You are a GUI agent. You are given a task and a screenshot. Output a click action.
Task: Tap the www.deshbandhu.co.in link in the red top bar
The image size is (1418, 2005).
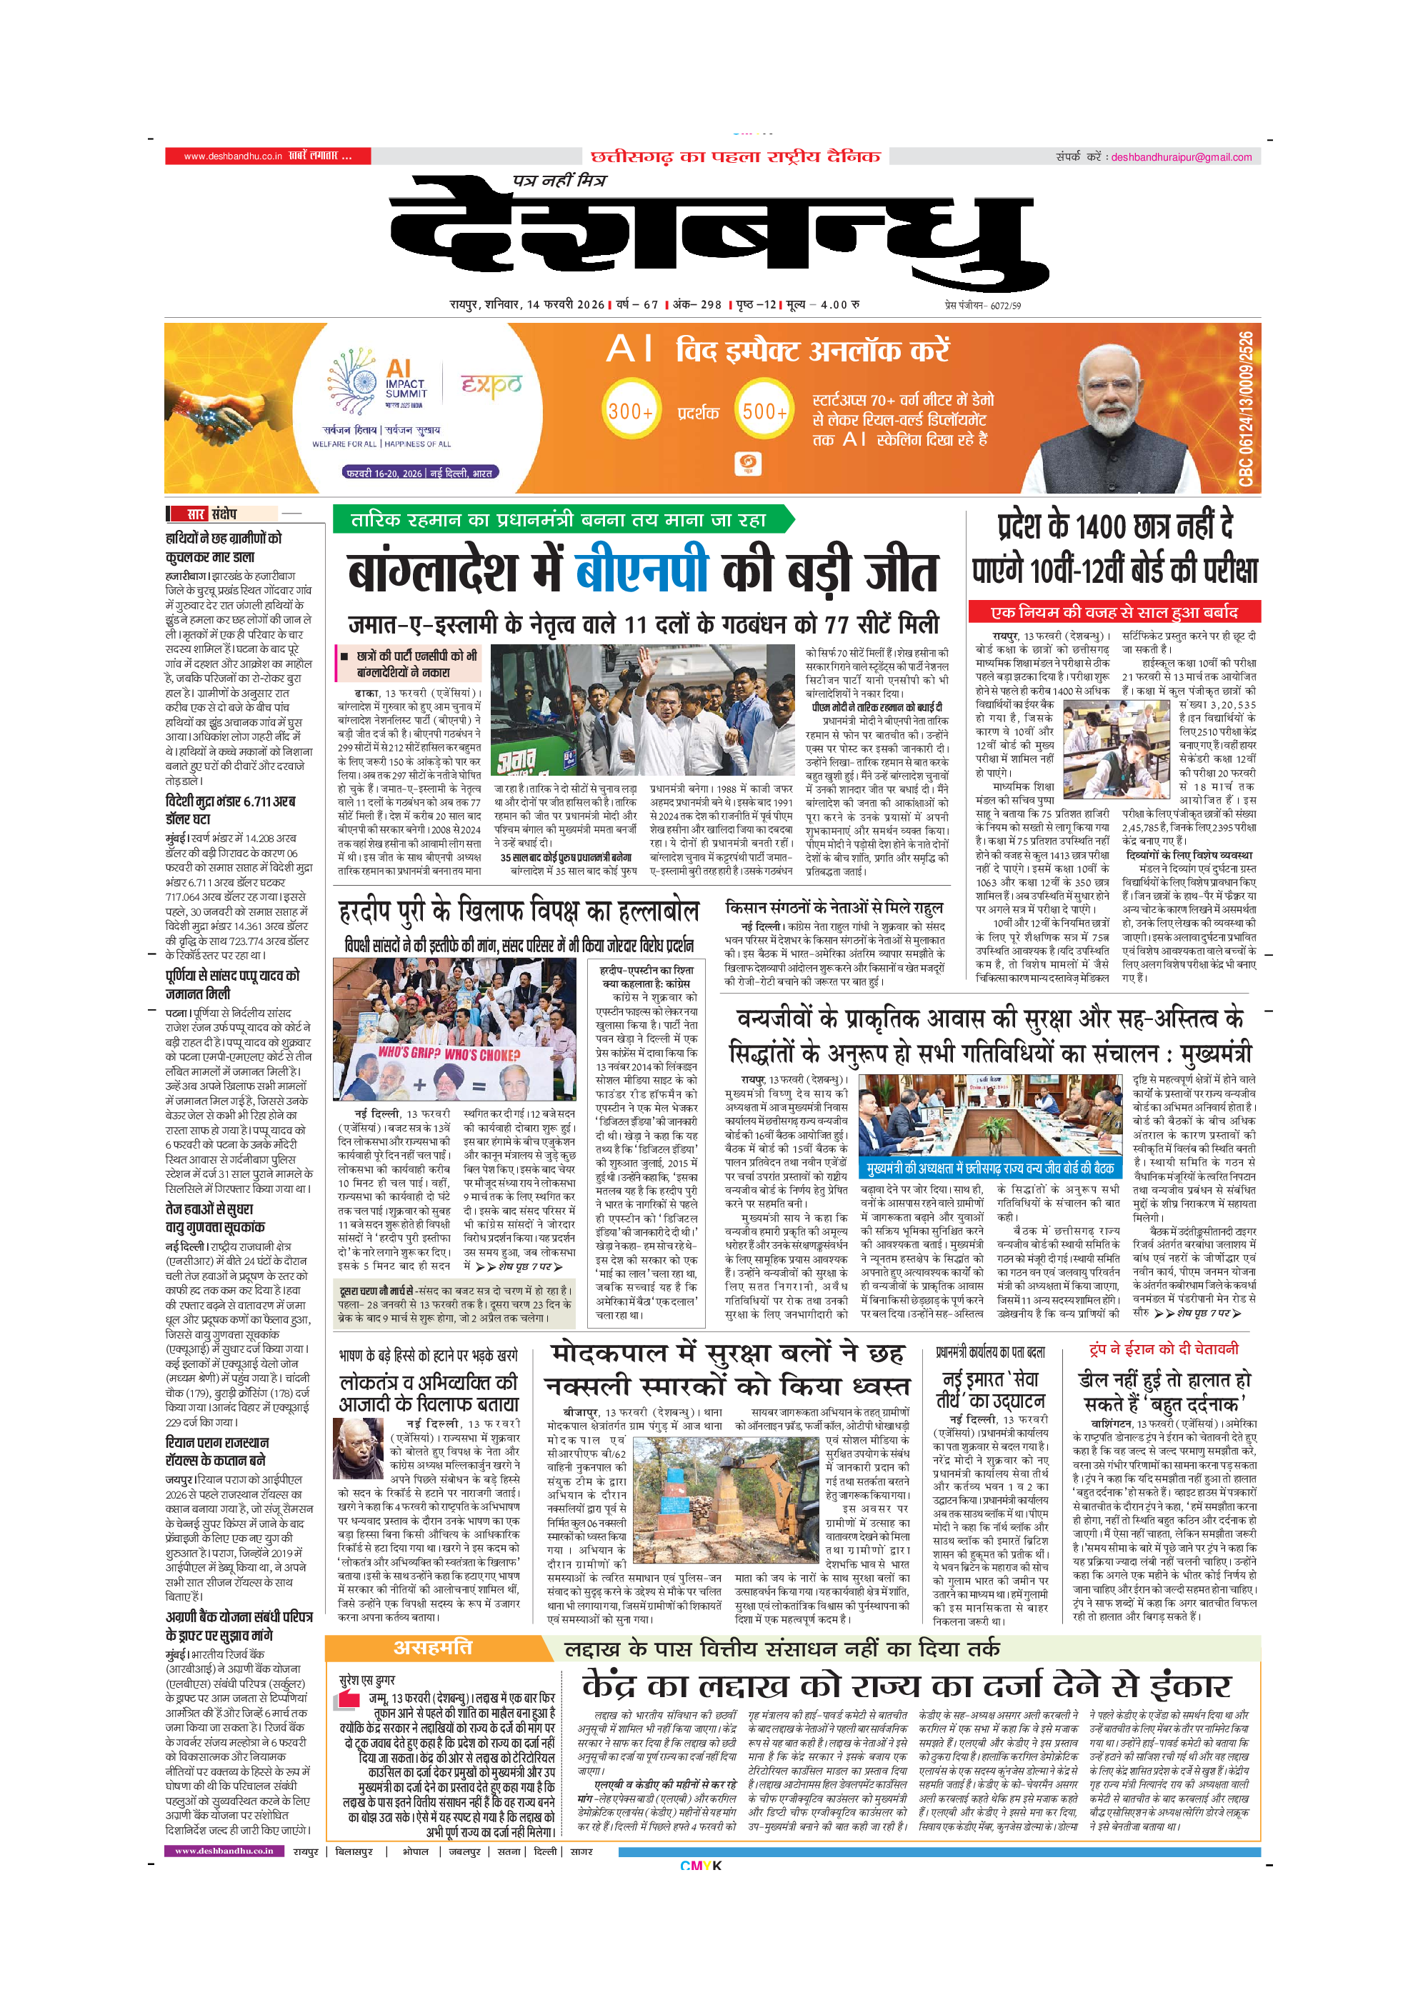232,156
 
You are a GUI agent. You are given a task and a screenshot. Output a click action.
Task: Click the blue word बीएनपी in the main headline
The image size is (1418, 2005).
641,571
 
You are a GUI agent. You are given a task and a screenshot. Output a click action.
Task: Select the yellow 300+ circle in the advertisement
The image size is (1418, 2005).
630,411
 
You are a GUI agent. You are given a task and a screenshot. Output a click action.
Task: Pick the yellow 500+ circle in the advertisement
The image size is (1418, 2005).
764,411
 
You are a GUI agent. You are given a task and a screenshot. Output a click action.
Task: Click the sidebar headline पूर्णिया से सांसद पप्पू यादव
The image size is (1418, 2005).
232,984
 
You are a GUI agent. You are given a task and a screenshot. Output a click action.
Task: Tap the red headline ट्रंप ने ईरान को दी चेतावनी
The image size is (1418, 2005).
1163,1349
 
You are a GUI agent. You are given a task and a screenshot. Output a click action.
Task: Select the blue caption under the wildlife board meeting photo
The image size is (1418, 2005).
990,1169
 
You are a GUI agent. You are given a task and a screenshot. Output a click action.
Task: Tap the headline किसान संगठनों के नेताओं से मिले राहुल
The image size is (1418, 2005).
834,907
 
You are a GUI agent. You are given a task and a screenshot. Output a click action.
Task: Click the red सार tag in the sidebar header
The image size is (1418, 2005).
195,514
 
